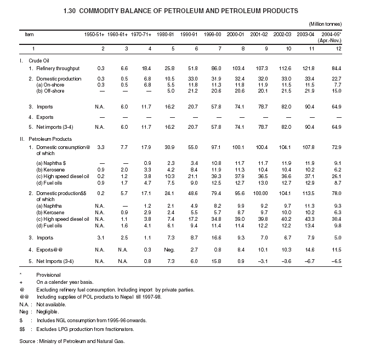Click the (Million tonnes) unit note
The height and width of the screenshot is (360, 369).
pos(325,24)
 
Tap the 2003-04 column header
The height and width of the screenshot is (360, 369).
pos(308,34)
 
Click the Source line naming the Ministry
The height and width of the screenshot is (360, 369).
pos(72,341)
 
